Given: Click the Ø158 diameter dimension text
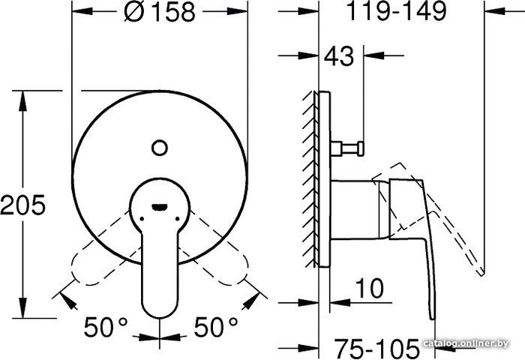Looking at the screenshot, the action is tap(159, 12).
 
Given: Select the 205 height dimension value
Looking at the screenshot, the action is tap(22, 204).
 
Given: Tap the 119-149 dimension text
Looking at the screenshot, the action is tap(397, 10).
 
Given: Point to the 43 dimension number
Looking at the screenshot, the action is tap(338, 55).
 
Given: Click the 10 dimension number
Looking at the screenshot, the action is tap(370, 288).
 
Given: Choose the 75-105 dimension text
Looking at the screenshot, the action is tap(377, 348).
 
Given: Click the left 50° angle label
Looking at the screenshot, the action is tap(106, 327).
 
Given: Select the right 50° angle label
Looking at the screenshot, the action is tap(216, 327).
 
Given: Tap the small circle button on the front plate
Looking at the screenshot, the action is tap(159, 148).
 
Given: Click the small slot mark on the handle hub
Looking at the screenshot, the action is tap(159, 207).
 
